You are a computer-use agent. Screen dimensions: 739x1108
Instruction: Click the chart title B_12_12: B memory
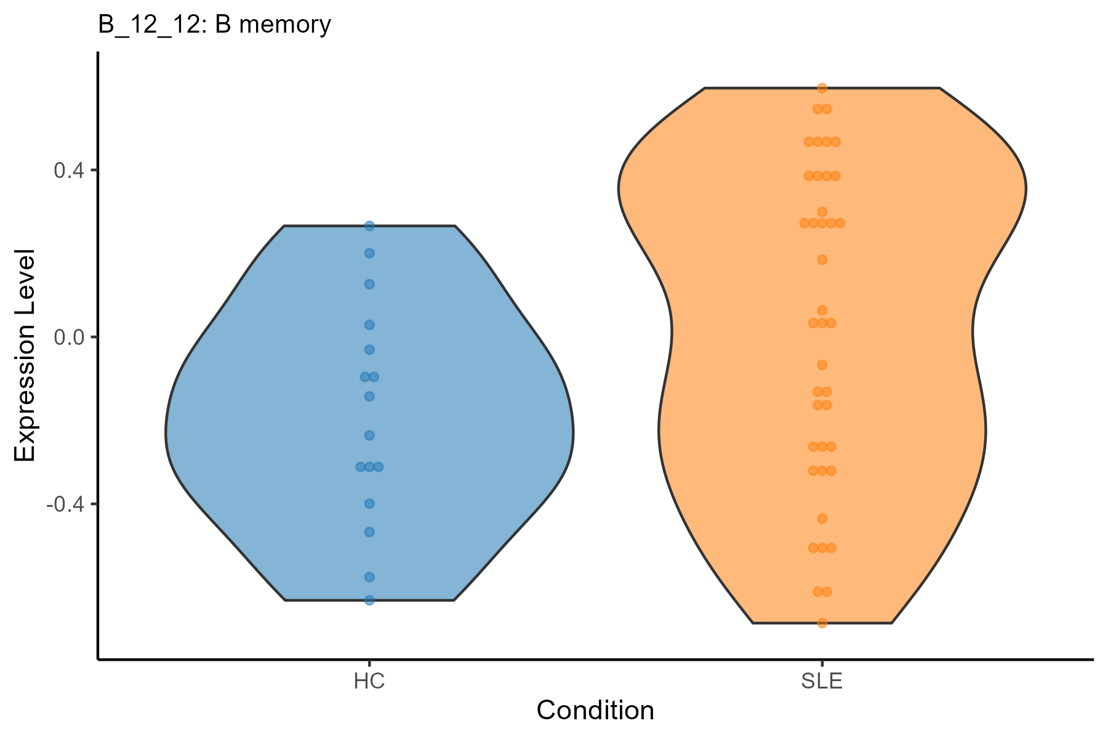[x=214, y=25]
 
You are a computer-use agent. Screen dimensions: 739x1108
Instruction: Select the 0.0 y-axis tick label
[x=67, y=337]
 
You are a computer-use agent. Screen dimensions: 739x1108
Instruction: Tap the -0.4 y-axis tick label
[x=64, y=504]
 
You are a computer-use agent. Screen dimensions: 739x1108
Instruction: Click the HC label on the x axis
[x=369, y=682]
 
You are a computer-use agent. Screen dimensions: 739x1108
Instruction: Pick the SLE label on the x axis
[x=822, y=682]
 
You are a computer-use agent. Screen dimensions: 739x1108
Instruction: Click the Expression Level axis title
[x=25, y=356]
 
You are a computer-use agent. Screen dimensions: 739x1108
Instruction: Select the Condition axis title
[x=595, y=711]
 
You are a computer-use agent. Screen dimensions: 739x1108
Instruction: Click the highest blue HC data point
[x=369, y=226]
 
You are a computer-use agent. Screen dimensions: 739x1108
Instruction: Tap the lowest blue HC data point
[x=369, y=600]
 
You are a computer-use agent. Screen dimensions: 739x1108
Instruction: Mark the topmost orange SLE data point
[x=822, y=88]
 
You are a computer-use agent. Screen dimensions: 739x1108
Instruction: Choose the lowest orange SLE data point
[x=822, y=623]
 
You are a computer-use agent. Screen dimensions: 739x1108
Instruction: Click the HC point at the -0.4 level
[x=369, y=504]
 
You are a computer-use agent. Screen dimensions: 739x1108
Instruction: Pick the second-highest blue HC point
[x=369, y=253]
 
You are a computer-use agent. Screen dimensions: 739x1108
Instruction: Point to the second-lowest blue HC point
[x=369, y=577]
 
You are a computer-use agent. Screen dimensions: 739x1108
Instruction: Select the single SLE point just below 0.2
[x=822, y=259]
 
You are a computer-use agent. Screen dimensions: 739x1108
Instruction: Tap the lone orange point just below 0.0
[x=822, y=365]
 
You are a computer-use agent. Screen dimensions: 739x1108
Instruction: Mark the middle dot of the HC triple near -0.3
[x=369, y=467]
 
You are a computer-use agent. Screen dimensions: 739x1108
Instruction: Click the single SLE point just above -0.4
[x=822, y=519]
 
